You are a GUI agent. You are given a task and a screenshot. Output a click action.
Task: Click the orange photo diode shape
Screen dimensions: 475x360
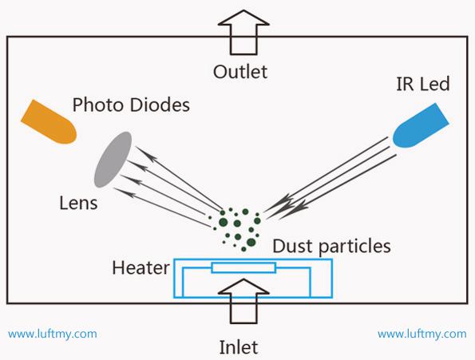49,122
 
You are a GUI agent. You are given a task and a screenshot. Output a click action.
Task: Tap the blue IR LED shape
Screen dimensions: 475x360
421,126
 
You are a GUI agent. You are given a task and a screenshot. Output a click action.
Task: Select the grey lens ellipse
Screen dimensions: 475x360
113,160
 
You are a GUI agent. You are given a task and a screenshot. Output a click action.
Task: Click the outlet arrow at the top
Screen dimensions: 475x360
243,33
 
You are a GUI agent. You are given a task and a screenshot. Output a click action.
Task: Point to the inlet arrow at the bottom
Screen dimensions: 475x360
243,301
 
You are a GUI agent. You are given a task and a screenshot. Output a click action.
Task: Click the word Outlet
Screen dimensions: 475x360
240,72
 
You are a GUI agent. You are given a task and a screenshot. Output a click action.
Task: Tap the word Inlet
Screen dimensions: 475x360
239,347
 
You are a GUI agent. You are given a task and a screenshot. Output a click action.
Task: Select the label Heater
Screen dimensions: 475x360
141,268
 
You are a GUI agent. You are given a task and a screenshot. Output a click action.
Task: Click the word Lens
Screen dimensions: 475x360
78,203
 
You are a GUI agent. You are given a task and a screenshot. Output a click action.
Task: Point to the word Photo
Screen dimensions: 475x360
98,105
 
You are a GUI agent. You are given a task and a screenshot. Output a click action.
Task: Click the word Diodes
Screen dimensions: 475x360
160,105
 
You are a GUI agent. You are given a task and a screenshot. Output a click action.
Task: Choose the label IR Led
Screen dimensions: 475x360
423,84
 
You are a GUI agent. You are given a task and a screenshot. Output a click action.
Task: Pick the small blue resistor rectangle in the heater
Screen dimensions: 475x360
243,268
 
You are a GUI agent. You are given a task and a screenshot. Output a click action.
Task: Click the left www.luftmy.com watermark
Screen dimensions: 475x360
53,334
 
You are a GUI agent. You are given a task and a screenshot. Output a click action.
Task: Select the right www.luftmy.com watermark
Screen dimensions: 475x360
422,334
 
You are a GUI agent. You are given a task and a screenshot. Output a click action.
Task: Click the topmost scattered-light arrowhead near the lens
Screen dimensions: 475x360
148,154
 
